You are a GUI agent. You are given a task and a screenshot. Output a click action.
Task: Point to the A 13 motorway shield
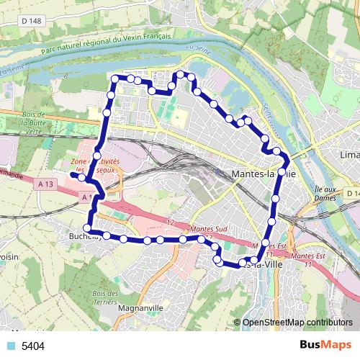click(x=46, y=184)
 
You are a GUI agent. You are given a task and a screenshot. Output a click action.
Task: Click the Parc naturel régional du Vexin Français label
click(x=107, y=43)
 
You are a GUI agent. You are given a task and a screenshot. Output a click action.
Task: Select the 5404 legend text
click(x=33, y=346)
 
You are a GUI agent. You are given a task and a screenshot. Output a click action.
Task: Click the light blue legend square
click(x=10, y=346)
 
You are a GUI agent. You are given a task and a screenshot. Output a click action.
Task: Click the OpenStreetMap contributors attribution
click(x=297, y=322)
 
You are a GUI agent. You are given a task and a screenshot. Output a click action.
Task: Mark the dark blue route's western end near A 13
click(x=73, y=174)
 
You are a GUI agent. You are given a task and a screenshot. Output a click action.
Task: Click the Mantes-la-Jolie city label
click(x=265, y=174)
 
